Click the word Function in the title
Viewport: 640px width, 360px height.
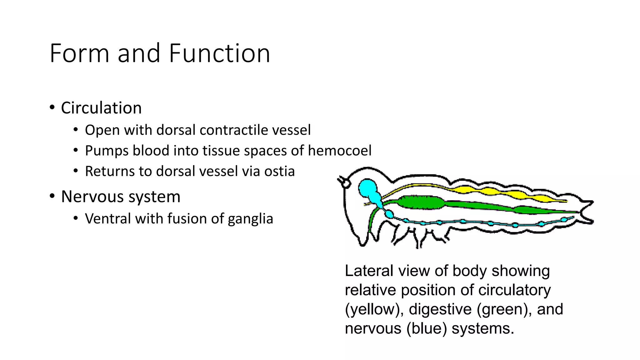click(219, 53)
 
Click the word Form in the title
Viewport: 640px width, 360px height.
click(79, 53)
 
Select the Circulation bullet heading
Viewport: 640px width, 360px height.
click(101, 108)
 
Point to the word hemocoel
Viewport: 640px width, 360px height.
click(340, 151)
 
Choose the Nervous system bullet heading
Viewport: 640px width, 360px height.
click(121, 197)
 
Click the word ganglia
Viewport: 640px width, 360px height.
click(250, 219)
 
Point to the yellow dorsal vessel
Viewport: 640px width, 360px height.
click(500, 192)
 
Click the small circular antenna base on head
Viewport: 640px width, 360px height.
click(346, 183)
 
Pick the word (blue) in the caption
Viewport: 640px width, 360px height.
click(427, 329)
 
